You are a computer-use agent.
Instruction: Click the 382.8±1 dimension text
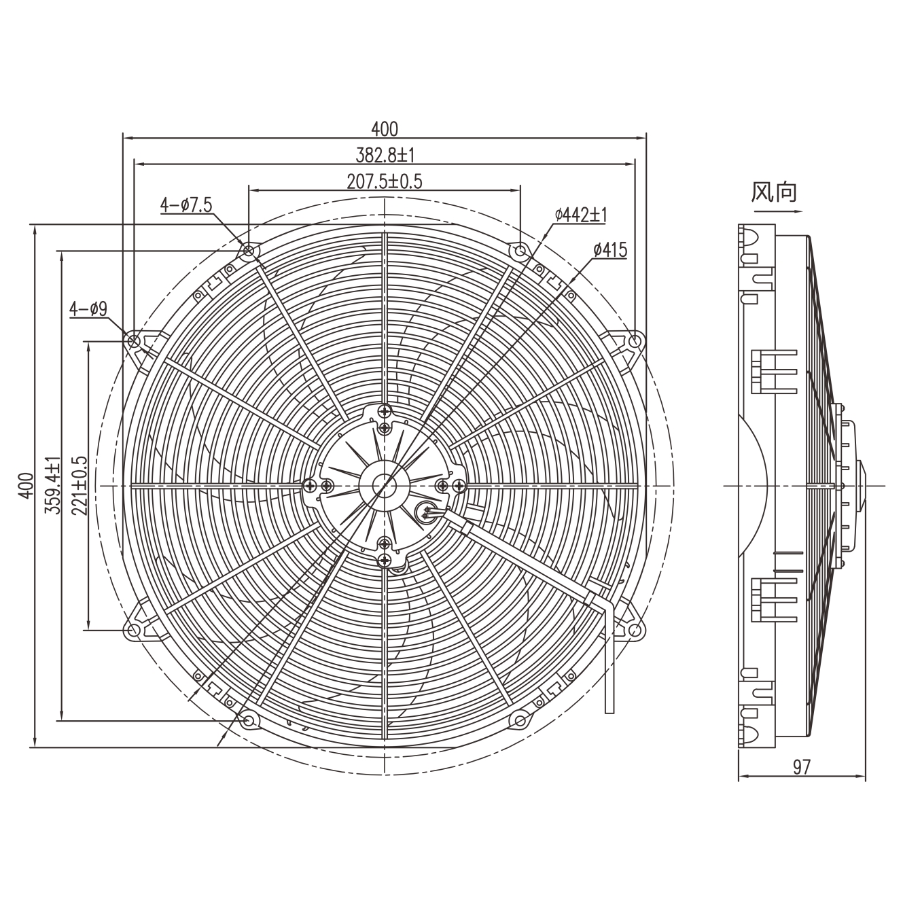[x=385, y=155]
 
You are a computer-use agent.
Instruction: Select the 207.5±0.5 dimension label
[x=385, y=181]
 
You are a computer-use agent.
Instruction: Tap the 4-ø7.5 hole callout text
[x=186, y=204]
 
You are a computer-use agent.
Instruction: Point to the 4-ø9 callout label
[x=88, y=310]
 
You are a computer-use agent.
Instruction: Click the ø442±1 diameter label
[x=581, y=215]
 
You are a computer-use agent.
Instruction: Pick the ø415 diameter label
[x=609, y=250]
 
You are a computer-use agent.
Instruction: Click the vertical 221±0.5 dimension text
[x=79, y=485]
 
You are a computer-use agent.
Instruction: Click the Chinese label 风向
[x=773, y=192]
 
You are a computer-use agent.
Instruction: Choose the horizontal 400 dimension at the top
[x=385, y=128]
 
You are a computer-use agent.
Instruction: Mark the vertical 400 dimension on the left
[x=25, y=485]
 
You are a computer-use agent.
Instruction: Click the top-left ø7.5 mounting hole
[x=249, y=251]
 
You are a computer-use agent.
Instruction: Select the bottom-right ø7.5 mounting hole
[x=520, y=720]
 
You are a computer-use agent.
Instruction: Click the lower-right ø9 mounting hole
[x=635, y=631]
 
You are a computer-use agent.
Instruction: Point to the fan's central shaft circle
[x=385, y=485]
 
